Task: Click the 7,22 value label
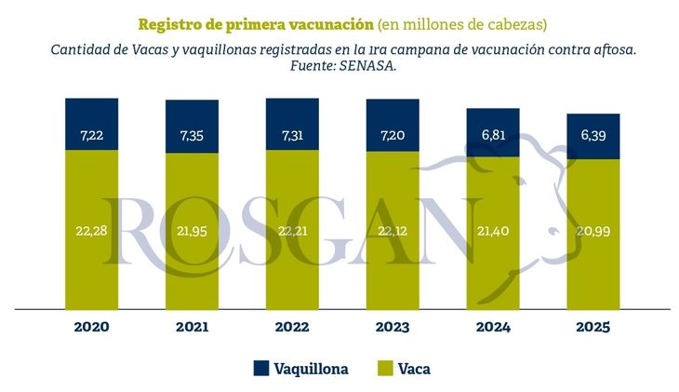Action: [91, 136]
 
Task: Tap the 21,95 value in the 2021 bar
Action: [192, 230]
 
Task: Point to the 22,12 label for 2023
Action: [393, 230]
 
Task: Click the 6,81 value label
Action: [493, 135]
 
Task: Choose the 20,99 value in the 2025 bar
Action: [592, 230]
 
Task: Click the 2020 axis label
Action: [91, 327]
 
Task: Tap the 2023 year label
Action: [393, 327]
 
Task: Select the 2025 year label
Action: [592, 327]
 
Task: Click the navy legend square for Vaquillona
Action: [260, 369]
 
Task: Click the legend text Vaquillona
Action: [311, 369]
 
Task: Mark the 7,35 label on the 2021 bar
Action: [192, 136]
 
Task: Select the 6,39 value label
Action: [592, 135]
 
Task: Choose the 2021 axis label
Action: [192, 327]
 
